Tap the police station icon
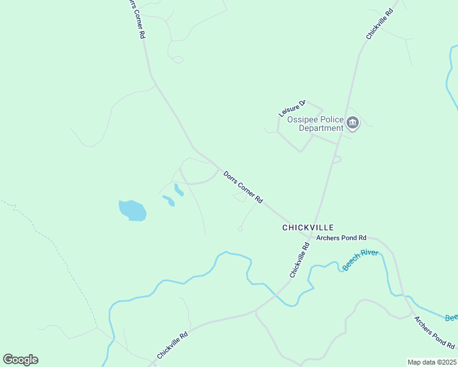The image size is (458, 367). (x=353, y=124)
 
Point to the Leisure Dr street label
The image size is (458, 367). (x=291, y=109)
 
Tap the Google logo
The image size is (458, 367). (x=20, y=360)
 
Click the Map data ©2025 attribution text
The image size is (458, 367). (x=432, y=362)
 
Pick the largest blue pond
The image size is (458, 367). (x=132, y=210)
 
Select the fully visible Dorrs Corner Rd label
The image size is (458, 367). (x=243, y=187)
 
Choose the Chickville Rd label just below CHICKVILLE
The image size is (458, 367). (x=299, y=260)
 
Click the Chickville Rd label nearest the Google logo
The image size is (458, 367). (x=172, y=346)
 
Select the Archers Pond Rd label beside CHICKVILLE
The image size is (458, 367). (x=341, y=237)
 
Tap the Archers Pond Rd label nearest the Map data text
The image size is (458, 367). (x=434, y=333)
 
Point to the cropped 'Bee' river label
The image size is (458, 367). (x=451, y=317)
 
